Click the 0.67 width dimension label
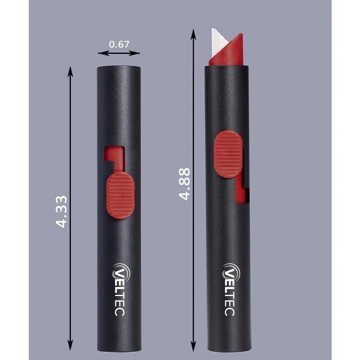(119, 44)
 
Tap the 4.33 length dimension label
(61, 211)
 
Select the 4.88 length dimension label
(185, 183)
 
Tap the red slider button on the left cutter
(120, 195)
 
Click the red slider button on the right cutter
(228, 154)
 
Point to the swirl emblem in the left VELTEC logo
(120, 269)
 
